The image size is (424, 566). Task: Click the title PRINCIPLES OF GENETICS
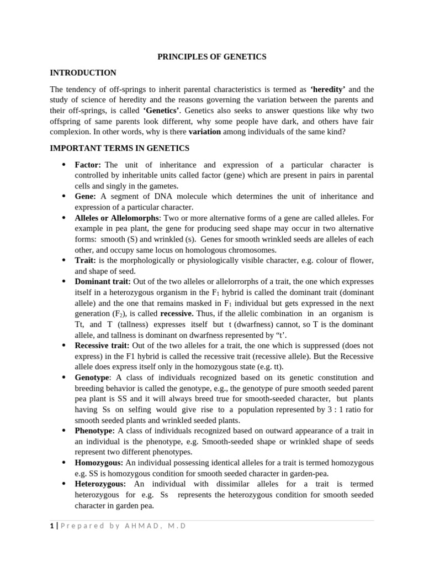pos(212,56)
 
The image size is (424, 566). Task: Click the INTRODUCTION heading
pos(83,72)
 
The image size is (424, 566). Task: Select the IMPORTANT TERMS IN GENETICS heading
pos(119,148)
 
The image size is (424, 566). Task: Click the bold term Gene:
pos(86,196)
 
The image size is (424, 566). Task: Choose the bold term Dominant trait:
pos(103,281)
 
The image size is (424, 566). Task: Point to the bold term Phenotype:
pos(95,430)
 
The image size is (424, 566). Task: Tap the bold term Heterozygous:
pos(100,484)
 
